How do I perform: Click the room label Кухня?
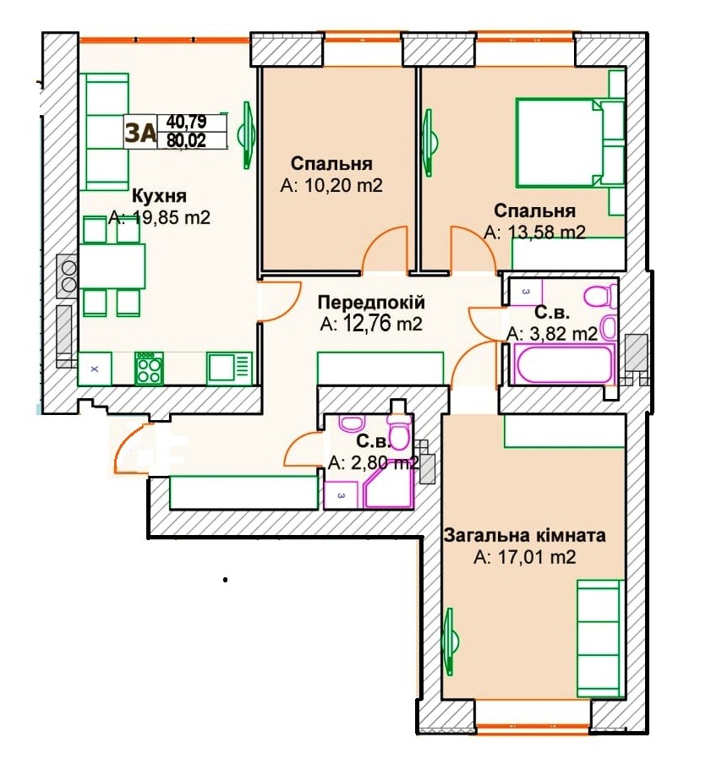coord(160,196)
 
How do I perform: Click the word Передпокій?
coord(371,302)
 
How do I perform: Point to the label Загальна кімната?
coord(524,535)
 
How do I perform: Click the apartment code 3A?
coord(140,133)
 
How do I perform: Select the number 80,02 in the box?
coord(187,140)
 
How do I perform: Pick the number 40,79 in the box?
coord(187,122)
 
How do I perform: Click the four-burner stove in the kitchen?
coord(150,369)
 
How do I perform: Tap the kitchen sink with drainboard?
coord(229,368)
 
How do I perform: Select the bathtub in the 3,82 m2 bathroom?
coord(562,363)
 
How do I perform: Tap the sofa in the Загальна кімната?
coord(600,638)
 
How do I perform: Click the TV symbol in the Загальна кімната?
coord(451,642)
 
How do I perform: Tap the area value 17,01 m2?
coord(524,557)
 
